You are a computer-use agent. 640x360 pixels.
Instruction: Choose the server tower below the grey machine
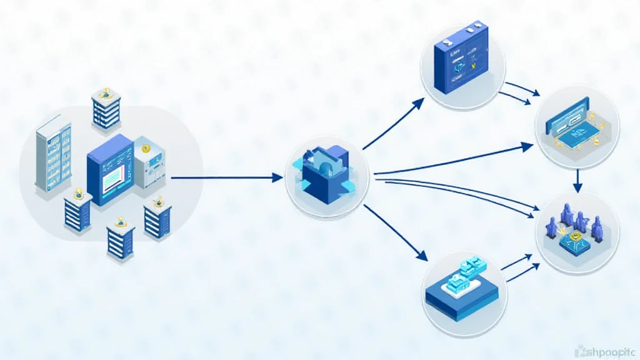(157, 218)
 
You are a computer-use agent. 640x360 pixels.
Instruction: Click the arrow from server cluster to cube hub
(225, 178)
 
